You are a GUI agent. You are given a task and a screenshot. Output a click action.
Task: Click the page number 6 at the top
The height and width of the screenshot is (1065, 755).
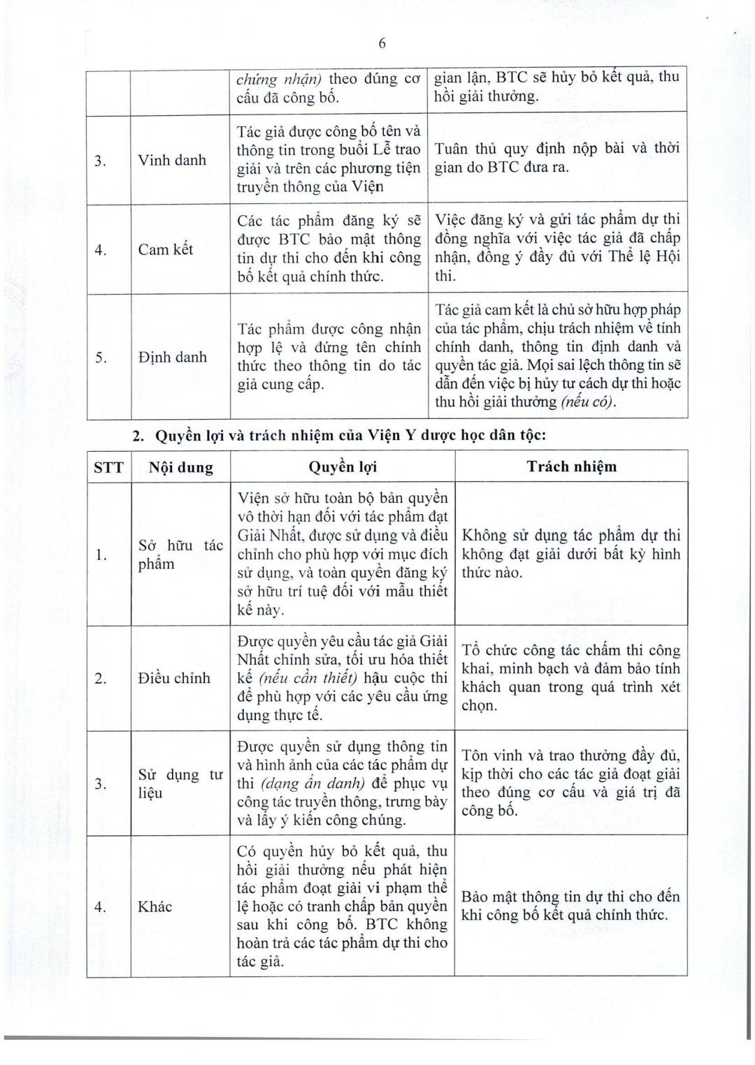[x=382, y=43]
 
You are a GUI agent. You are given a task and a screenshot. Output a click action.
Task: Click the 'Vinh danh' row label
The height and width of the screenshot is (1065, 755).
[x=172, y=160]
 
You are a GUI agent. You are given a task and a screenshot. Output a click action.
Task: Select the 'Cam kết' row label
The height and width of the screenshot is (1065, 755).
[x=166, y=249]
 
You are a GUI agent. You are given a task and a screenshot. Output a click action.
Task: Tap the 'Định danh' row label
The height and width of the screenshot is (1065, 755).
[x=173, y=357]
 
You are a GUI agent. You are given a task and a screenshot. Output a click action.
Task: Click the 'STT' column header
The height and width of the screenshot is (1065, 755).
[x=108, y=467]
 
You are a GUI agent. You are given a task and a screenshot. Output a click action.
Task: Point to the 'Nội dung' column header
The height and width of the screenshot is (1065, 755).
[x=180, y=467]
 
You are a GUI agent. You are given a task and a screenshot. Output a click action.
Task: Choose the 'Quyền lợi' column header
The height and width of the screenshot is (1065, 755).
[x=342, y=467]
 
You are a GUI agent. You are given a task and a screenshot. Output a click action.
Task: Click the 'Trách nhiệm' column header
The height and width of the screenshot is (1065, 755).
[x=571, y=467]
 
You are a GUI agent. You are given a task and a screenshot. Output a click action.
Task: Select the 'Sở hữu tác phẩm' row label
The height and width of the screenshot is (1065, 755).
[x=180, y=554]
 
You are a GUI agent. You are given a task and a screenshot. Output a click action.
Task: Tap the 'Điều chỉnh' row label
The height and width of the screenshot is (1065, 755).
[x=174, y=677]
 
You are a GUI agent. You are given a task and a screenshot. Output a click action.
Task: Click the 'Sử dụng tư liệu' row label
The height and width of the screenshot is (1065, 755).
[x=180, y=784]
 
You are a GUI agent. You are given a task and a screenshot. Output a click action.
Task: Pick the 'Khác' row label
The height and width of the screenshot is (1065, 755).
[x=154, y=906]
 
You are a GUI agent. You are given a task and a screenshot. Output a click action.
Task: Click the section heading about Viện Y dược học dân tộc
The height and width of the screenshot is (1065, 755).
[x=340, y=435]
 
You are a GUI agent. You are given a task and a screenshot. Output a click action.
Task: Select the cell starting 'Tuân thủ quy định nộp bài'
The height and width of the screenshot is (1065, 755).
[x=556, y=158]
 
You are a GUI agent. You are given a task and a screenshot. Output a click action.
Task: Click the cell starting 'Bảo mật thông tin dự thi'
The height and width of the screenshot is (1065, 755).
[x=570, y=905]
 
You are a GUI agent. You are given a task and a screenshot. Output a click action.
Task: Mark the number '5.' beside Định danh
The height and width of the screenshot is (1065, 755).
[x=101, y=358]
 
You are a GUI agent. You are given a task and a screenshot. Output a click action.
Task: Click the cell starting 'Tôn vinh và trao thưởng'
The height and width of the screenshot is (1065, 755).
[x=570, y=783]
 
